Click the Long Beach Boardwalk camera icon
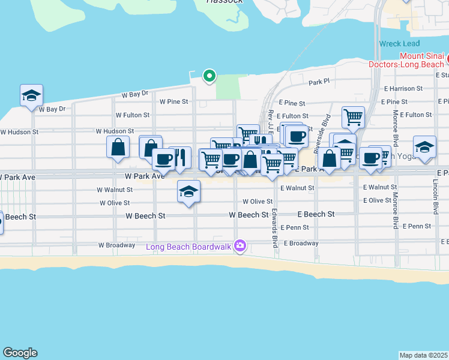click(240, 246)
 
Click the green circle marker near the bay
click(209, 76)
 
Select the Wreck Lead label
click(399, 44)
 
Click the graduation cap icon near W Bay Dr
click(31, 95)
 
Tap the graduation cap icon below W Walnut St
click(188, 191)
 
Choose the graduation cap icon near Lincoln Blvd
click(424, 147)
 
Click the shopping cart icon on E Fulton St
click(353, 116)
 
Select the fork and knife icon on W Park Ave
click(180, 157)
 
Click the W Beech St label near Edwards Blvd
click(249, 215)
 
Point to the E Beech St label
click(316, 214)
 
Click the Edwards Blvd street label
click(274, 228)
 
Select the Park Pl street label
click(319, 82)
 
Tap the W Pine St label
click(174, 102)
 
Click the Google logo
click(20, 353)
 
